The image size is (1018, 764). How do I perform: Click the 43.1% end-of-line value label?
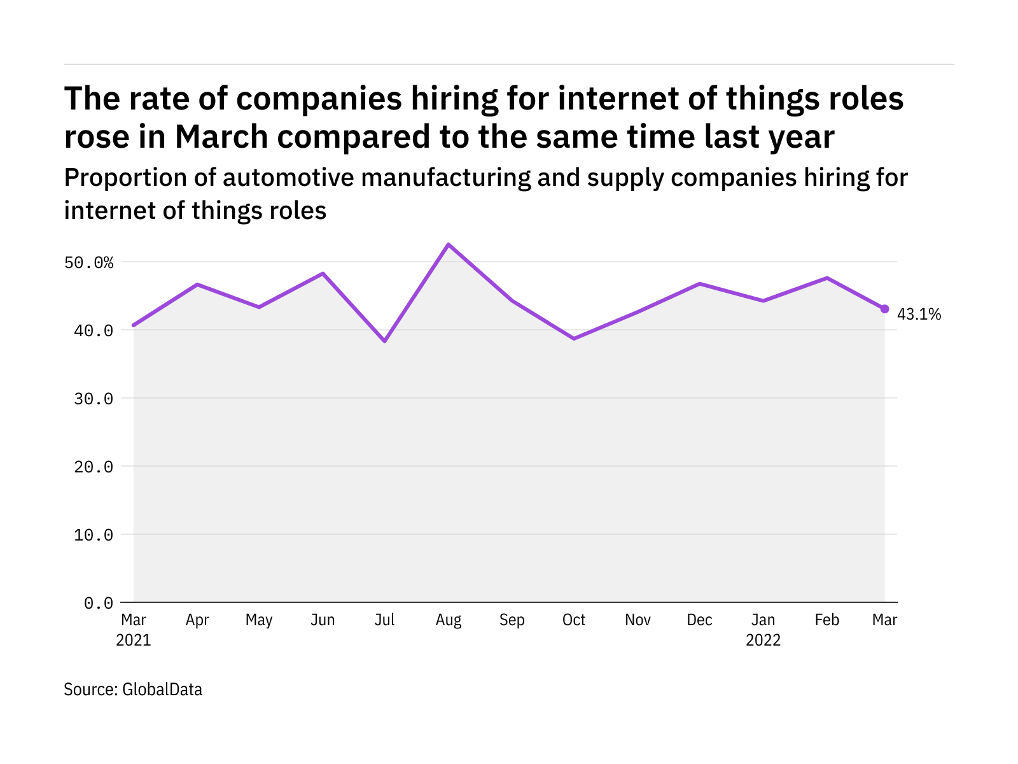click(x=919, y=314)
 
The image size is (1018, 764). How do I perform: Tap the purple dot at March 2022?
click(x=884, y=309)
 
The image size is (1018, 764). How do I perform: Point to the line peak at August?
click(x=449, y=244)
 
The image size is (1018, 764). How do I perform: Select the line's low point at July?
click(x=385, y=341)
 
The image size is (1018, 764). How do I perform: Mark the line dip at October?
click(x=574, y=339)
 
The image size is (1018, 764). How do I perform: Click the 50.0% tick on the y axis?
click(x=89, y=262)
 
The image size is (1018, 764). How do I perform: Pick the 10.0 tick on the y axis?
click(x=94, y=535)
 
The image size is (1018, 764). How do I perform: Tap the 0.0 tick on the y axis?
click(x=99, y=603)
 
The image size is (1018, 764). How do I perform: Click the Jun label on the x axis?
click(x=323, y=620)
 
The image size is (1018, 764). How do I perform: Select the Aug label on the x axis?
click(x=449, y=620)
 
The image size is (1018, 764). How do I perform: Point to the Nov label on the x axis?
click(x=638, y=620)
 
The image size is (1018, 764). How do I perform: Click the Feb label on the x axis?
click(x=826, y=620)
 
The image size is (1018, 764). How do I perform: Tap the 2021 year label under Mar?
click(x=134, y=640)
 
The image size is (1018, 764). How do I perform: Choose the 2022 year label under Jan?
click(x=763, y=640)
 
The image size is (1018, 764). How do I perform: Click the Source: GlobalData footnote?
click(x=133, y=690)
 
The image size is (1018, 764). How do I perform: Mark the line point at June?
click(x=323, y=274)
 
